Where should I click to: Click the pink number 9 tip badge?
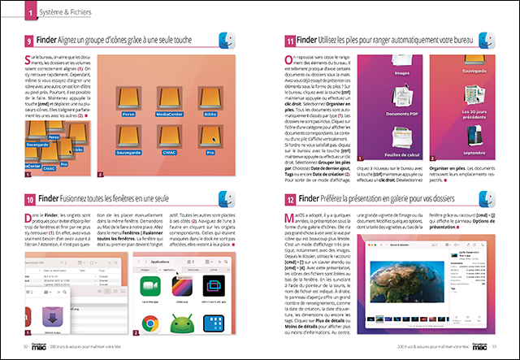[29, 41]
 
